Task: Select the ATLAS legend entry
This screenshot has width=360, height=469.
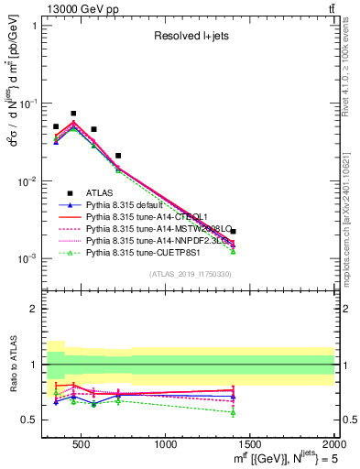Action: tap(100, 192)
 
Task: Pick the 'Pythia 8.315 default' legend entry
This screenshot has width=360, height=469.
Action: tap(129, 204)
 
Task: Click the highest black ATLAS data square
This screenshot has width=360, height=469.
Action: tap(73, 114)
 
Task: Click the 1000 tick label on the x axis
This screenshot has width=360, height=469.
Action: tap(167, 445)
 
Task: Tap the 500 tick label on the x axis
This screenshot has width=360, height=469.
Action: tap(82, 445)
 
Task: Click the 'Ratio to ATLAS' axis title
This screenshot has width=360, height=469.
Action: tap(13, 365)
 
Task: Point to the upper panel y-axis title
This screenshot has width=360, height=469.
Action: tap(12, 137)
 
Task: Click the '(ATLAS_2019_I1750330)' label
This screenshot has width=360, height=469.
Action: tap(188, 274)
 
